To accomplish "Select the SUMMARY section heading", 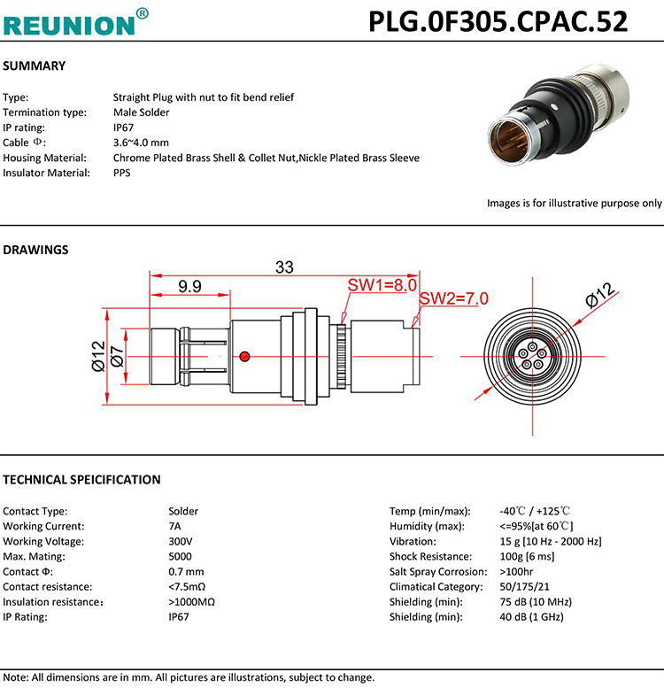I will click(x=35, y=66).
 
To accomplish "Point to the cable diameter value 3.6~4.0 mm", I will click(x=141, y=143).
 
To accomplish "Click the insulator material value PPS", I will click(x=122, y=173).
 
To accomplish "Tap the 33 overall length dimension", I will click(x=284, y=267).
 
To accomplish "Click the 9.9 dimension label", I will click(x=189, y=286).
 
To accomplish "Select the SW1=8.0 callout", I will click(x=382, y=285).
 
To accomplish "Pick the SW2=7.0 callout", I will click(x=453, y=298).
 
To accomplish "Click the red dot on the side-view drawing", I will click(x=245, y=356).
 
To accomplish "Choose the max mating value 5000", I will click(x=181, y=556).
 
